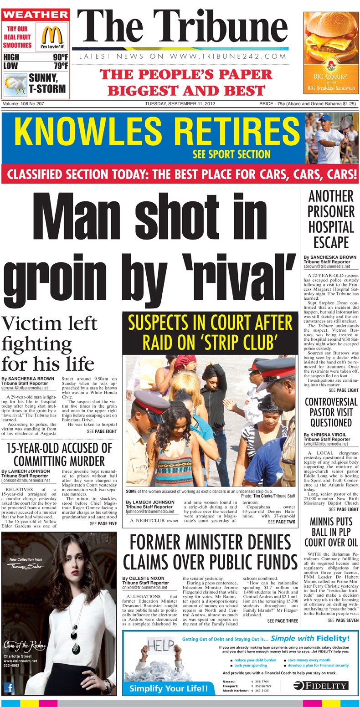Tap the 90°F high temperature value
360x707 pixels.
pos(60,57)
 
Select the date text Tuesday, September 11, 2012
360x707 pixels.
pos(180,104)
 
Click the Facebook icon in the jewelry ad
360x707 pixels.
pos(9,687)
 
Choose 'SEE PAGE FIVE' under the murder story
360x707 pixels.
pos(103,524)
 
